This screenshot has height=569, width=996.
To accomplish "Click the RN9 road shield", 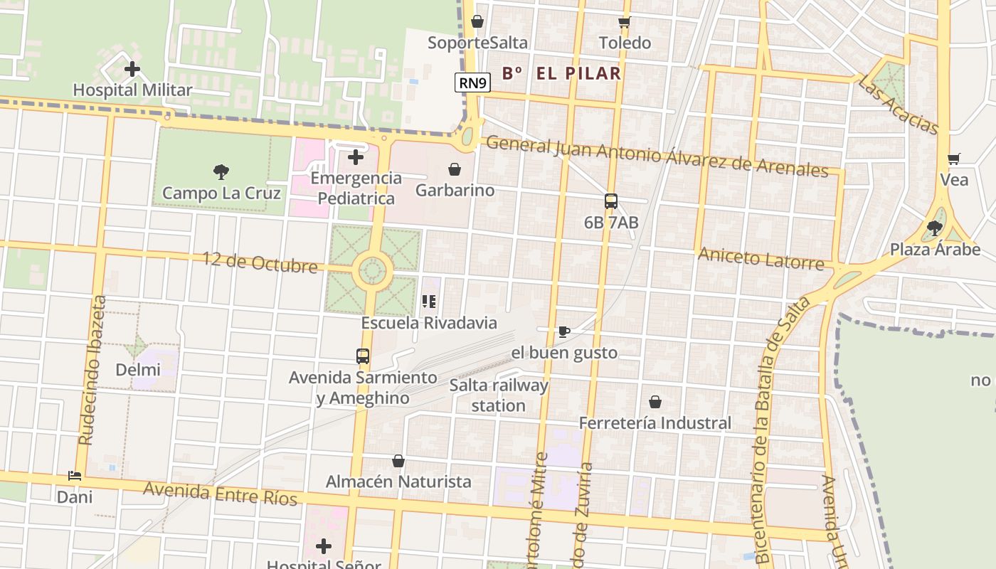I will [473, 83].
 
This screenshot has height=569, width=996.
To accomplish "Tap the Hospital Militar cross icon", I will [132, 70].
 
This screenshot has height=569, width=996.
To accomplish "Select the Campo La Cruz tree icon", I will [221, 171].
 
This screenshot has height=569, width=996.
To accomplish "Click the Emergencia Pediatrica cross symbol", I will [356, 157].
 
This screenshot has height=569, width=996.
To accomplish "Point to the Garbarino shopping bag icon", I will [455, 169].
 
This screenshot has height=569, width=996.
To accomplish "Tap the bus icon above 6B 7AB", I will [611, 201].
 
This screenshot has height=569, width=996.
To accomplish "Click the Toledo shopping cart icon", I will [625, 23].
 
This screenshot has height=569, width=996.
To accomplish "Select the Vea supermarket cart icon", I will [954, 159].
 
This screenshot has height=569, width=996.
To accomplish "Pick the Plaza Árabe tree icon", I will [935, 228].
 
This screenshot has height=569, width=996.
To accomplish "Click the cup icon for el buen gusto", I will [564, 331].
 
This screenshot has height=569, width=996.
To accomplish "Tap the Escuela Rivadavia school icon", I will [429, 302].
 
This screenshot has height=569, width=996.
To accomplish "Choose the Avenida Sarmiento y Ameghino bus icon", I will [363, 356].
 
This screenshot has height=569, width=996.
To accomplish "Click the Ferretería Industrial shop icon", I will [655, 402].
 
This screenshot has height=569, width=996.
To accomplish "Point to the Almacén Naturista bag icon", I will [398, 461].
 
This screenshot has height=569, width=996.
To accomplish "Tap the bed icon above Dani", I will [75, 476].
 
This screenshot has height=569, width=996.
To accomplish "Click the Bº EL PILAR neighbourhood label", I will [561, 73].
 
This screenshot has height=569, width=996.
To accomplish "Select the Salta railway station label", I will [499, 395].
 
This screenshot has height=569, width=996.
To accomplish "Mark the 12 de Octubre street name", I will [260, 262].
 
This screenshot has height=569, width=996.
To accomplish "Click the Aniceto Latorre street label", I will [761, 258].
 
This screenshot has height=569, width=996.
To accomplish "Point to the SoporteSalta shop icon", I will [477, 21].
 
